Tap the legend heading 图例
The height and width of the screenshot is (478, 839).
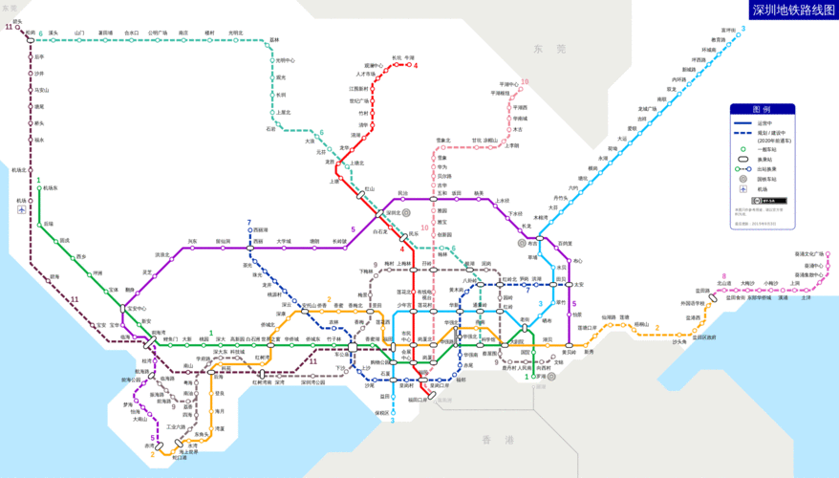click(x=762, y=109)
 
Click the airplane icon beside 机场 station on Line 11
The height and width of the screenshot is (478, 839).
click(x=21, y=209)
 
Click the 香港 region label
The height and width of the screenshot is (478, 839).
click(x=497, y=440)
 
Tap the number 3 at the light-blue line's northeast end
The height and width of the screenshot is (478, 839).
click(x=742, y=29)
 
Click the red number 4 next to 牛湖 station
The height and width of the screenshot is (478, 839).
click(x=416, y=66)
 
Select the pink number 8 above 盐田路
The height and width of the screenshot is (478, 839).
click(x=723, y=276)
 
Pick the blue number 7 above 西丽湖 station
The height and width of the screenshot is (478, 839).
click(x=249, y=222)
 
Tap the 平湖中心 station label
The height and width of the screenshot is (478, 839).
click(x=507, y=83)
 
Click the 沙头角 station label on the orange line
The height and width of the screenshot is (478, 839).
click(x=679, y=341)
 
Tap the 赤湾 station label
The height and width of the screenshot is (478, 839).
click(x=149, y=445)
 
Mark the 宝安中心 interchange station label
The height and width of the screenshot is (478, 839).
click(x=137, y=309)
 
